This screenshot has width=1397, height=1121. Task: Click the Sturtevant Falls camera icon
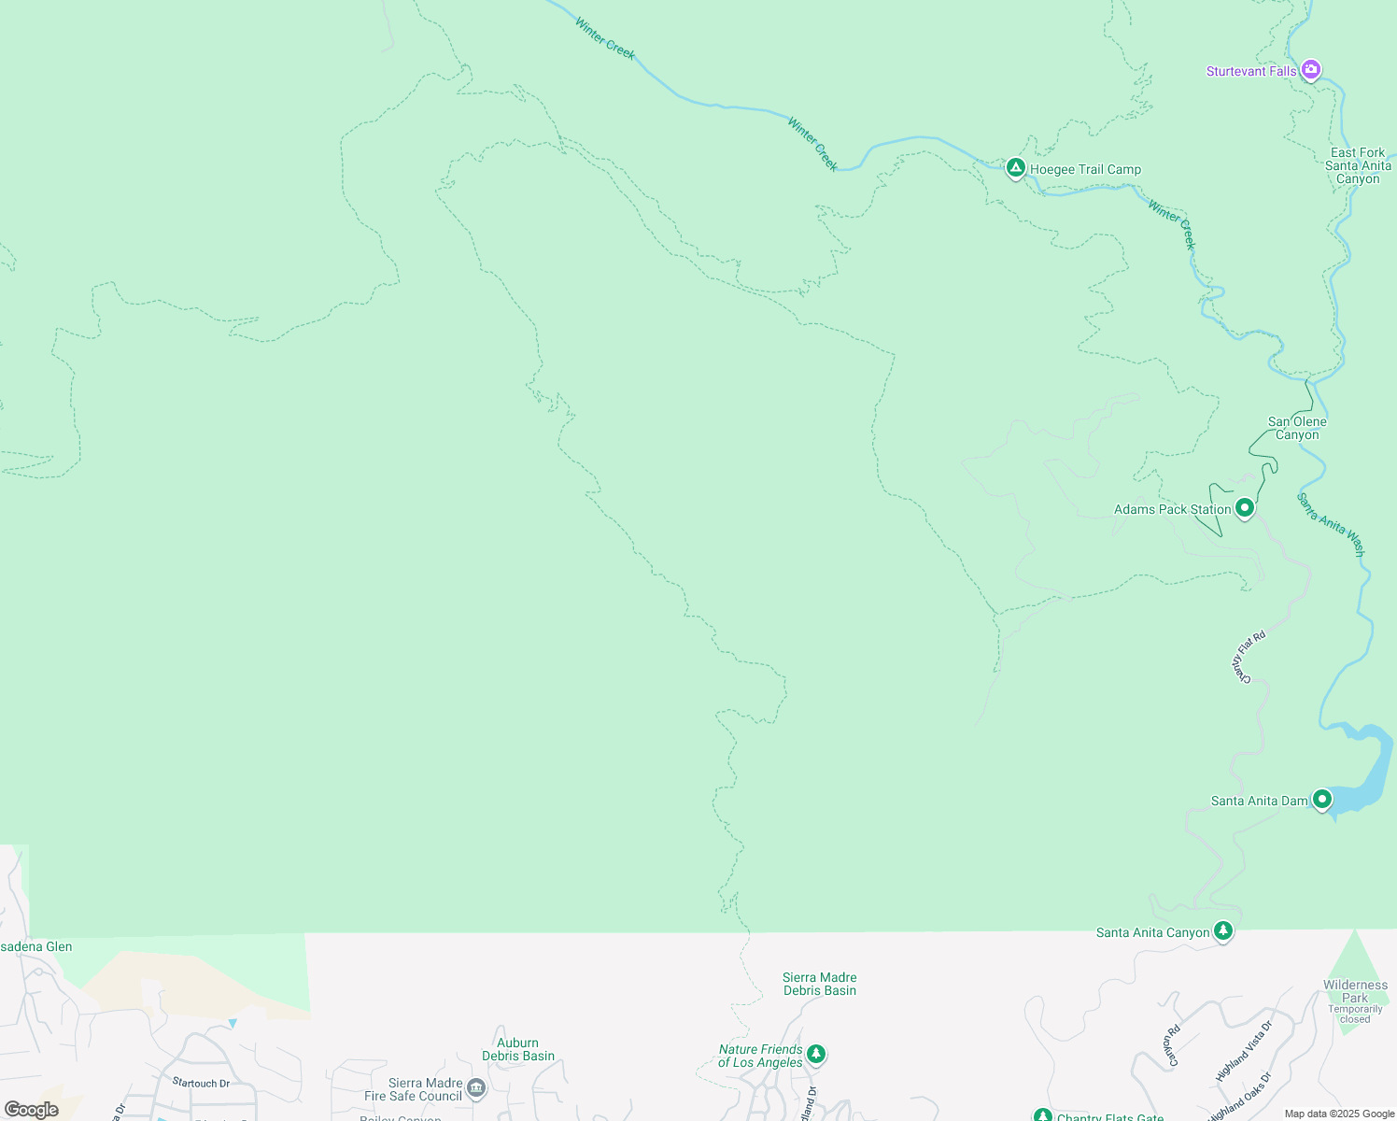1311,69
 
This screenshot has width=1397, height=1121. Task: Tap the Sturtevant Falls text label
1251,72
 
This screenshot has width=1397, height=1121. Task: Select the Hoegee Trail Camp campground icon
1015,168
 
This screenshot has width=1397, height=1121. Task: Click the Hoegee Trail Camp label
1085,170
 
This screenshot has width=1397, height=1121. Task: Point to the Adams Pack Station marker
1244,508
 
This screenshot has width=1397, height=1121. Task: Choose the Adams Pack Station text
1172,510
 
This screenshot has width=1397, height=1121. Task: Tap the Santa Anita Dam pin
1321,799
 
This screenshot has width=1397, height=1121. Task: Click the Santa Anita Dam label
1259,802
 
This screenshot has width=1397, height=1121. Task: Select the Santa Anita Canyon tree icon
1222,930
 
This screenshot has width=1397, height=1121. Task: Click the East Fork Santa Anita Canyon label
1358,165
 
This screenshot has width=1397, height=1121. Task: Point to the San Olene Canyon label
1297,428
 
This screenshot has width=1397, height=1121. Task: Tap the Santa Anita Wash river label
1331,525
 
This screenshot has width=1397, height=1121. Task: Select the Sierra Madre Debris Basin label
819,984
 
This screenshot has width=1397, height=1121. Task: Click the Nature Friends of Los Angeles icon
816,1054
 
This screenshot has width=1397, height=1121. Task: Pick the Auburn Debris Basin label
518,1049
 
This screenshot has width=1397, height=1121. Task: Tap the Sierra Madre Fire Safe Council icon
476,1087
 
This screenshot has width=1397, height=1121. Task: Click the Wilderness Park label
1355,991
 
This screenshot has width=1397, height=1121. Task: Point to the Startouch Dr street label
201,1084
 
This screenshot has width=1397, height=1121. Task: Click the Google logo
31,1110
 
